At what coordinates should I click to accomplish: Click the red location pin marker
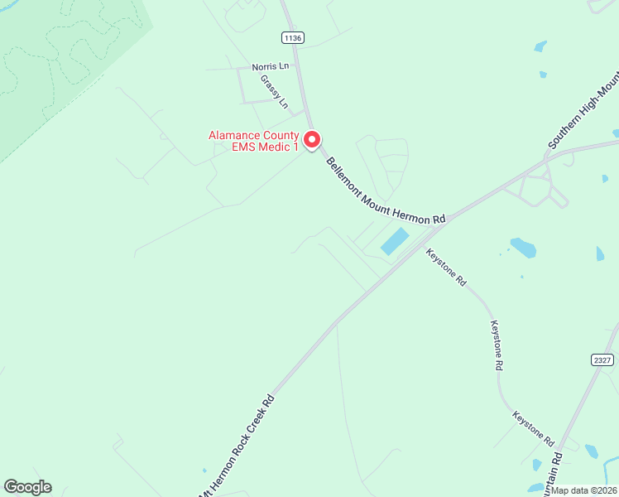click(x=312, y=140)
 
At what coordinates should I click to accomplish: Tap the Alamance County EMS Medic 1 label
click(x=252, y=141)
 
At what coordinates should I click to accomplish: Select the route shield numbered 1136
click(x=292, y=37)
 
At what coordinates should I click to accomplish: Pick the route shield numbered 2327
click(x=603, y=359)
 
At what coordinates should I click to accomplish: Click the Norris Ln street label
click(x=271, y=66)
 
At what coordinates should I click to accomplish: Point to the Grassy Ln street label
click(x=275, y=92)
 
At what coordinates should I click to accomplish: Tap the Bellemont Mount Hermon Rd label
click(x=386, y=191)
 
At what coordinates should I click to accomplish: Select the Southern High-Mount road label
click(x=583, y=114)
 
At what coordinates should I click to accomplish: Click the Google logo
click(x=27, y=487)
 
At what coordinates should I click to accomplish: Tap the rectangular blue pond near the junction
click(x=395, y=242)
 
